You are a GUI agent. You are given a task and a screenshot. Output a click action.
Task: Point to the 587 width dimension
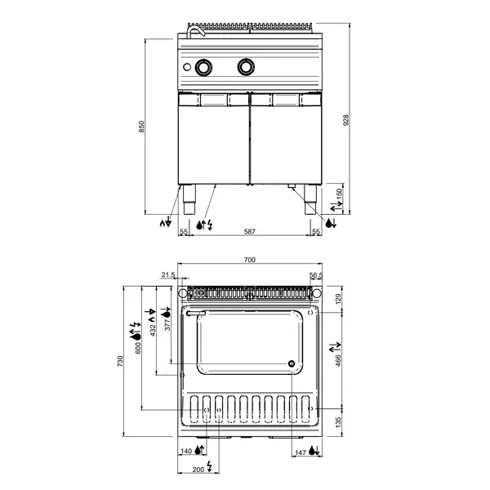[x=250, y=233]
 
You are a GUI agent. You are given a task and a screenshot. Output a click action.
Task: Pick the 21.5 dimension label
[x=168, y=275]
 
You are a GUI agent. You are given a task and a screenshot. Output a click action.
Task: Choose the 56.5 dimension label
[x=316, y=275]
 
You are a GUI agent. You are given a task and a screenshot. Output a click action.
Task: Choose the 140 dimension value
[x=186, y=452]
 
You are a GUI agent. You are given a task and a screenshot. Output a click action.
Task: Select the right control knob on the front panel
[x=245, y=67]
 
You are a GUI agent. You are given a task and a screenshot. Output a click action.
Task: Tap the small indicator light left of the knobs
[x=188, y=67]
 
